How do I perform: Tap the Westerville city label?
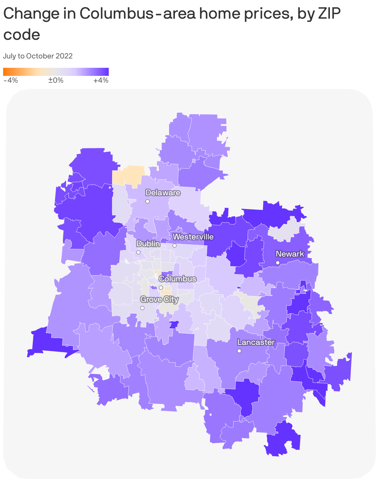click(x=193, y=237)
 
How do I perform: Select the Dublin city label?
click(x=148, y=244)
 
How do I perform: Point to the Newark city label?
click(x=290, y=254)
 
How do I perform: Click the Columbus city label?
click(x=177, y=279)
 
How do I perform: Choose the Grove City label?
click(x=159, y=299)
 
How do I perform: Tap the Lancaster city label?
click(x=256, y=342)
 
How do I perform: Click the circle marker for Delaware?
click(x=148, y=202)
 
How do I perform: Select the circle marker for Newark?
click(x=278, y=263)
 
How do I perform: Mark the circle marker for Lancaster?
click(x=239, y=351)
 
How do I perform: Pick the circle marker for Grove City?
click(x=142, y=308)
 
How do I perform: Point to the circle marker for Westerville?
click(x=175, y=246)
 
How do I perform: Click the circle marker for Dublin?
click(x=139, y=252)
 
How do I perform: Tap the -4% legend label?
click(x=11, y=81)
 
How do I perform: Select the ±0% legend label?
click(x=56, y=81)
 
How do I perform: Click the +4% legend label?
click(x=101, y=81)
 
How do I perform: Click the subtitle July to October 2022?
click(x=38, y=56)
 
